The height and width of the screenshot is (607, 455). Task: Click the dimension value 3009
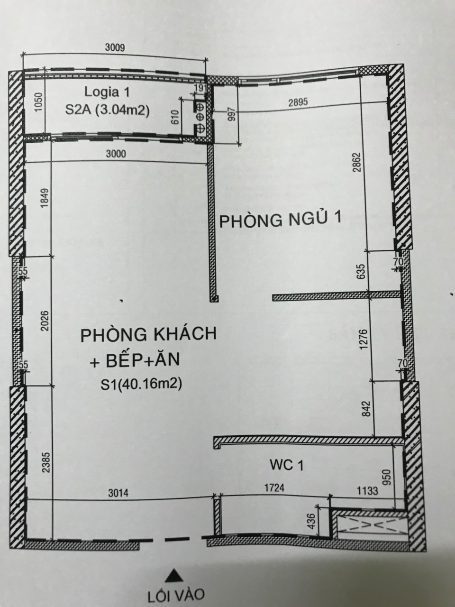click(x=115, y=47)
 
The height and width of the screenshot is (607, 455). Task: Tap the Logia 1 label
click(x=107, y=92)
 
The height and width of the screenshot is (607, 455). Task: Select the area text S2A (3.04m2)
click(x=107, y=110)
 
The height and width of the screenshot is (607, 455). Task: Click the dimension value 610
click(x=175, y=117)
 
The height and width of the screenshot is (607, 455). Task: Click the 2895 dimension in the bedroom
click(x=298, y=102)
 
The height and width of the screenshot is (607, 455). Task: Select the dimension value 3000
click(x=116, y=154)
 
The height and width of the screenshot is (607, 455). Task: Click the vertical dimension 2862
click(x=357, y=162)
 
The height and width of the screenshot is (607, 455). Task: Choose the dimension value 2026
click(x=45, y=321)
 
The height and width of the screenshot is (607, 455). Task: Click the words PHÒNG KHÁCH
click(x=148, y=334)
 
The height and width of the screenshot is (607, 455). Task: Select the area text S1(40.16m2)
click(x=141, y=384)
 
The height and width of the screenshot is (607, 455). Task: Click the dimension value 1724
click(x=274, y=487)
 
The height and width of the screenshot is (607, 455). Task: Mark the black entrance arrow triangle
click(x=174, y=574)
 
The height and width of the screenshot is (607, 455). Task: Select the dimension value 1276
click(x=364, y=339)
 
